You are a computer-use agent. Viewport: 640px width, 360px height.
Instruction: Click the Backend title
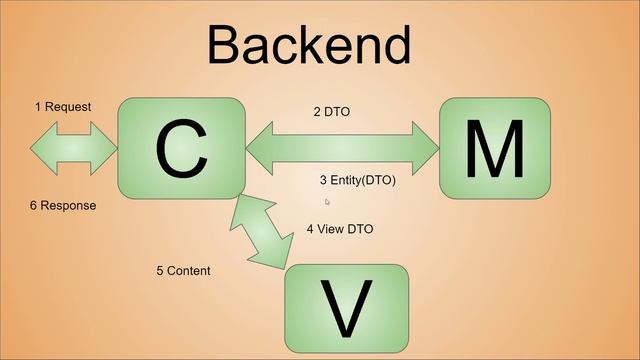pos(309,45)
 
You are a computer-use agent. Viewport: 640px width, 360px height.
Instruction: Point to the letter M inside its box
pos(495,148)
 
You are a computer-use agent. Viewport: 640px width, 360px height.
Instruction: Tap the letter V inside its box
pos(347,310)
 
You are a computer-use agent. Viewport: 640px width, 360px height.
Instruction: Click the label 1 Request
pos(63,107)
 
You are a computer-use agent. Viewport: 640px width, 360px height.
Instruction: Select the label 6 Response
pos(63,205)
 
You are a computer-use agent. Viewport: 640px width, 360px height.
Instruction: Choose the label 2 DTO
pos(331,112)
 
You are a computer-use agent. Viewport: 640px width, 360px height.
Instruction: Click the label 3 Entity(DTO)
pos(357,180)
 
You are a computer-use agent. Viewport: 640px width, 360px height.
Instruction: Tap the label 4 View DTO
pos(340,229)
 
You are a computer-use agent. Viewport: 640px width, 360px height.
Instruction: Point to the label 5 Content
pos(183,271)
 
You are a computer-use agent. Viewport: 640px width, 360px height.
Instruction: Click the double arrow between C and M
pos(342,148)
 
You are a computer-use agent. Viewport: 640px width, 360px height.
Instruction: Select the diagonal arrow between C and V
pos(262,231)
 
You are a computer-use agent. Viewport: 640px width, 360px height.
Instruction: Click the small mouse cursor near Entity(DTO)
pos(327,202)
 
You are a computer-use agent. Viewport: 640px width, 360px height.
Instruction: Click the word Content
pos(189,271)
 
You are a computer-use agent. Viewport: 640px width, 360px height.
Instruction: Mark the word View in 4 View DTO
pos(332,229)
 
